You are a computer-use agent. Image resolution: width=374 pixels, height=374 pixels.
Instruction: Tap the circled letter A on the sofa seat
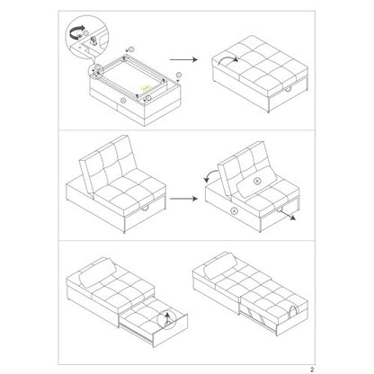(210, 211)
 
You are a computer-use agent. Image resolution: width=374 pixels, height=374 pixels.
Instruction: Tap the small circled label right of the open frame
(182, 79)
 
